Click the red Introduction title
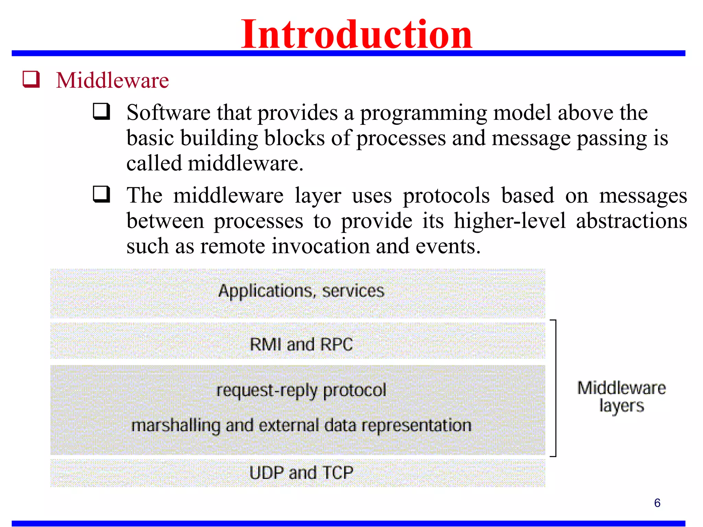pyautogui.click(x=356, y=34)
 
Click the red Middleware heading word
pyautogui.click(x=112, y=81)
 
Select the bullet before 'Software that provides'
pyautogui.click(x=102, y=112)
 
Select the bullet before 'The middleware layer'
pyautogui.click(x=102, y=194)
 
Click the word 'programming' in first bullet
pyautogui.click(x=423, y=113)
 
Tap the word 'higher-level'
pyautogui.click(x=509, y=221)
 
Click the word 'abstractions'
pyautogui.click(x=632, y=221)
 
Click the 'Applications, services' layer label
pyautogui.click(x=301, y=291)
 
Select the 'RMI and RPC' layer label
pyautogui.click(x=301, y=344)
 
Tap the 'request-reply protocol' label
pyautogui.click(x=301, y=390)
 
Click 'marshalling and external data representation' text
pyautogui.click(x=301, y=425)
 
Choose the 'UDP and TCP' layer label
pyautogui.click(x=301, y=472)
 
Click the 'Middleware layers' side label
pyautogui.click(x=621, y=397)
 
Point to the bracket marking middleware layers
pyautogui.click(x=555, y=388)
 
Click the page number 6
pyautogui.click(x=657, y=503)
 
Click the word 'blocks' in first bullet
pyautogui.click(x=294, y=138)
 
